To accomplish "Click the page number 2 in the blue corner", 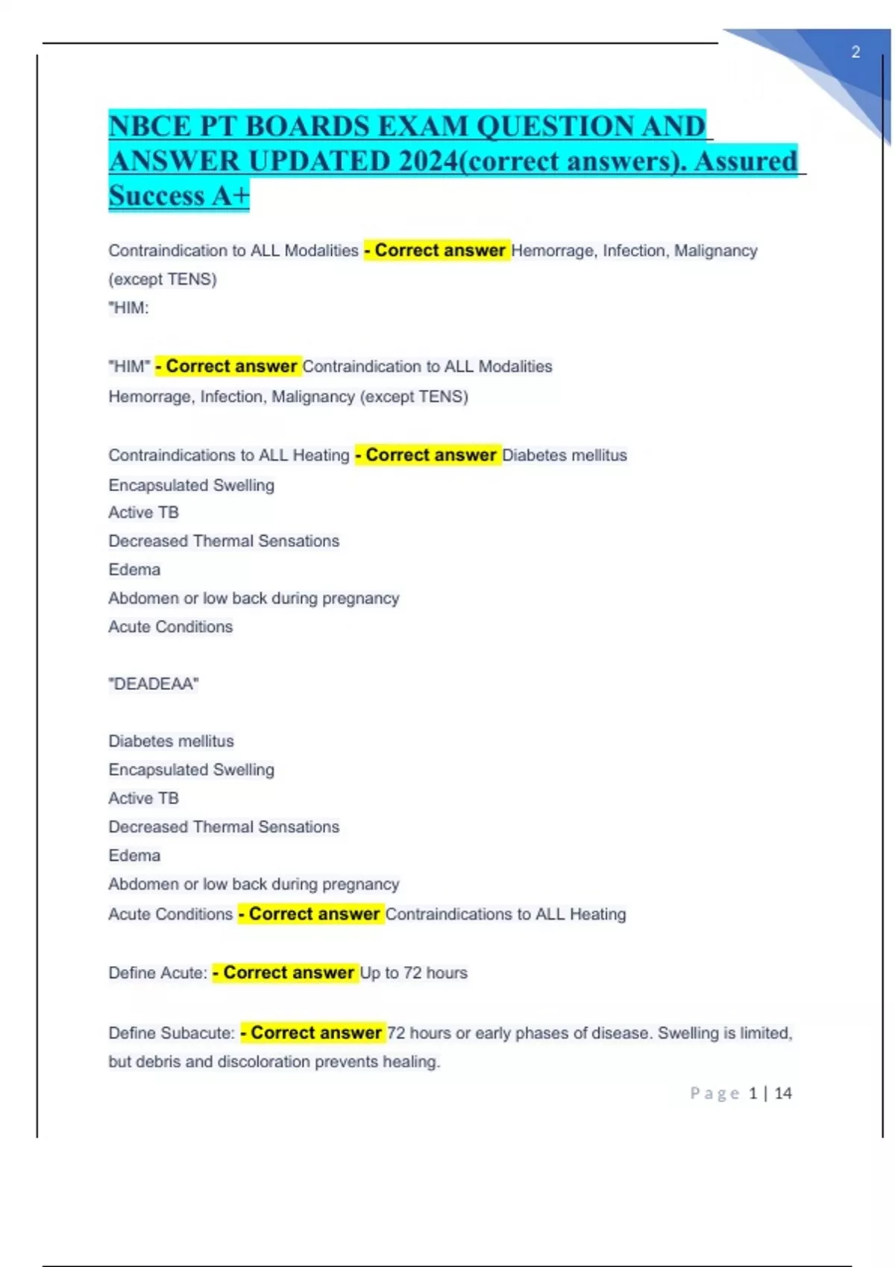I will (x=855, y=52).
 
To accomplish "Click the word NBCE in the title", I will (x=149, y=127).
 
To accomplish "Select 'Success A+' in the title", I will (x=178, y=196).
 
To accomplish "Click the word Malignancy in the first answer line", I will (x=715, y=250).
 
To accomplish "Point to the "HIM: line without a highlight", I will (x=128, y=308).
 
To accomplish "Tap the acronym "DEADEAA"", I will (x=154, y=684).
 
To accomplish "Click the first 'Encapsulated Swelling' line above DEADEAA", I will (x=191, y=485).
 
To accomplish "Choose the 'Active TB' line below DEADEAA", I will (x=143, y=798).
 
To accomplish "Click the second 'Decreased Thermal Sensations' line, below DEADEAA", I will (x=224, y=827).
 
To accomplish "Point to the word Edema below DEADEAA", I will (x=134, y=856).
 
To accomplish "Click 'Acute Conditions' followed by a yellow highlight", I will (x=170, y=914).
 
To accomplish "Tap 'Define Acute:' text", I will (x=157, y=973).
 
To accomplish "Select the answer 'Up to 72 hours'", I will (x=413, y=973).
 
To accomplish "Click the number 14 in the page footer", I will (x=782, y=1093).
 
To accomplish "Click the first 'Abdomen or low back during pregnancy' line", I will (x=254, y=598).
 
